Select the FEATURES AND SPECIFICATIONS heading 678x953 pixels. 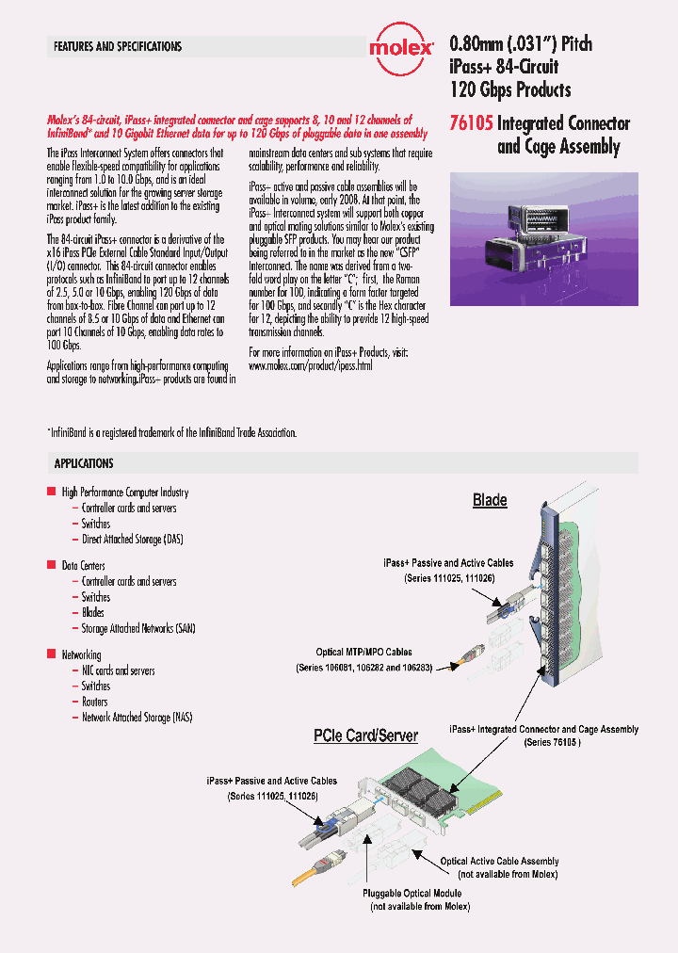pos(118,46)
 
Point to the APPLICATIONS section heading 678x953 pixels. pos(84,463)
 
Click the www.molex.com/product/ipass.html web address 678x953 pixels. pos(311,364)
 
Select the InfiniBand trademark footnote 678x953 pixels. pos(171,432)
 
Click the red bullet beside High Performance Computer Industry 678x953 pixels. pos(52,492)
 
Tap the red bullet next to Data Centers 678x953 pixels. pos(52,565)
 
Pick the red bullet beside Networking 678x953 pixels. pos(52,654)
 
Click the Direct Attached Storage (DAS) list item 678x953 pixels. pos(132,539)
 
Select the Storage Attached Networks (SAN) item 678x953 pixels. pos(137,628)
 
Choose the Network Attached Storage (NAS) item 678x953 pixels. pos(137,718)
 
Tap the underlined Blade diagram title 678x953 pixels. pos(490,500)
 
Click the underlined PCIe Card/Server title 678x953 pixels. pos(365,735)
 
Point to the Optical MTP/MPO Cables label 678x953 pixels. pos(363,652)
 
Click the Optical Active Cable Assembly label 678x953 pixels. pos(499,861)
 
